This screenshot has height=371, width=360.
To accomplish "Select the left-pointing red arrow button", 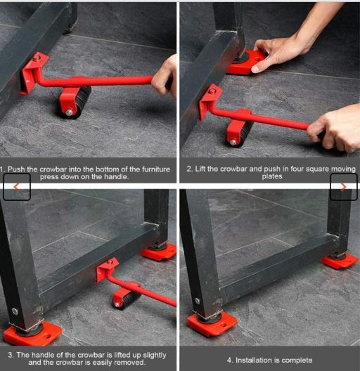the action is (x=17, y=187).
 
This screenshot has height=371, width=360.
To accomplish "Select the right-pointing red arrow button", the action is (x=343, y=187).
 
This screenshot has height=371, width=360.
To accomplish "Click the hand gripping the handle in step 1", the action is (x=165, y=77).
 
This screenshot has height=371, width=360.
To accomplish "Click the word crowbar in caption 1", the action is (x=53, y=169).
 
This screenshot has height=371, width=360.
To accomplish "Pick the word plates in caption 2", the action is (x=272, y=176).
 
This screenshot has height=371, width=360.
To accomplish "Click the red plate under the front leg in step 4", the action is (x=211, y=324).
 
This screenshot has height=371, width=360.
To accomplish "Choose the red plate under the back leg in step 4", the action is (x=339, y=261).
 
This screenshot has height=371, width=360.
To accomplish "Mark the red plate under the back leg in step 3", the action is (x=159, y=252).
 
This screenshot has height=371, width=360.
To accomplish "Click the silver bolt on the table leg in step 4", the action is (x=198, y=301).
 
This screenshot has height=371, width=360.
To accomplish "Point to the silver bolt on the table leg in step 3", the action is (x=15, y=311).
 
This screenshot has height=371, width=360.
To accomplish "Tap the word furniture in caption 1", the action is (x=156, y=169).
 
